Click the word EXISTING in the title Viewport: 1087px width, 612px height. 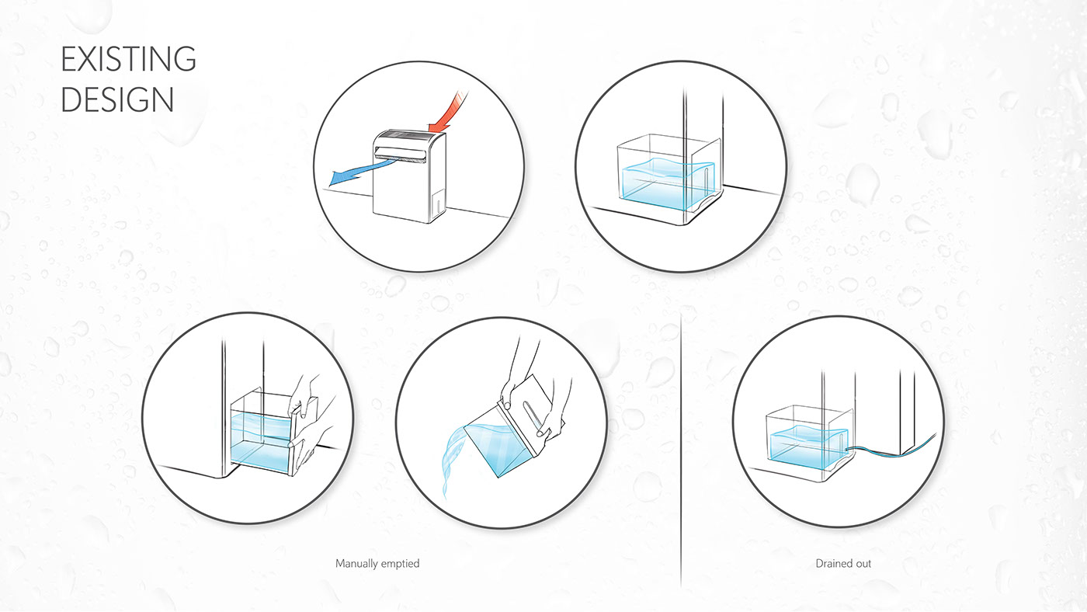click(x=128, y=59)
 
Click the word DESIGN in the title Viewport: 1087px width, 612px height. click(x=117, y=100)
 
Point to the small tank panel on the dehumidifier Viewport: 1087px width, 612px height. click(x=439, y=202)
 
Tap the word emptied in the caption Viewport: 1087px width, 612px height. click(x=401, y=564)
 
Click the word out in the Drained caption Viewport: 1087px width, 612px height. click(x=862, y=564)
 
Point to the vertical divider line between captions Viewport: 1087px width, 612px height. click(x=681, y=451)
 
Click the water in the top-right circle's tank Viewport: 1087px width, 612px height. click(x=669, y=183)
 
